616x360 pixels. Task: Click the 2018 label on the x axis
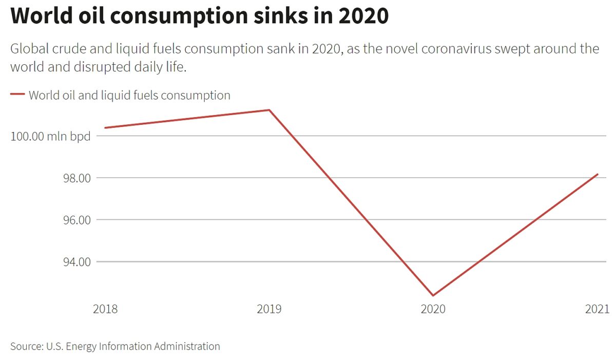105,309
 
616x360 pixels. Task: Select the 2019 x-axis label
269,309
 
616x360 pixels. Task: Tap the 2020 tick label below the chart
433,309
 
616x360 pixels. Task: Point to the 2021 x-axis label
597,309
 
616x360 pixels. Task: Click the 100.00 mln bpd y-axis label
50,137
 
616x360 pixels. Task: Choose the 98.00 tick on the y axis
76,178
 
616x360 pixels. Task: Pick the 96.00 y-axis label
76,220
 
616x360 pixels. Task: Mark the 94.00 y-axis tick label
76,262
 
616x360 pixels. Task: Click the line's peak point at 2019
269,110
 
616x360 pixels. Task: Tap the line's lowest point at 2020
433,295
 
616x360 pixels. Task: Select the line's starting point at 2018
105,128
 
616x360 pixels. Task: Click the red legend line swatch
17,94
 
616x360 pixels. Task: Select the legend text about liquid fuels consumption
129,95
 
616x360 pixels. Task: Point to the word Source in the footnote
26,346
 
